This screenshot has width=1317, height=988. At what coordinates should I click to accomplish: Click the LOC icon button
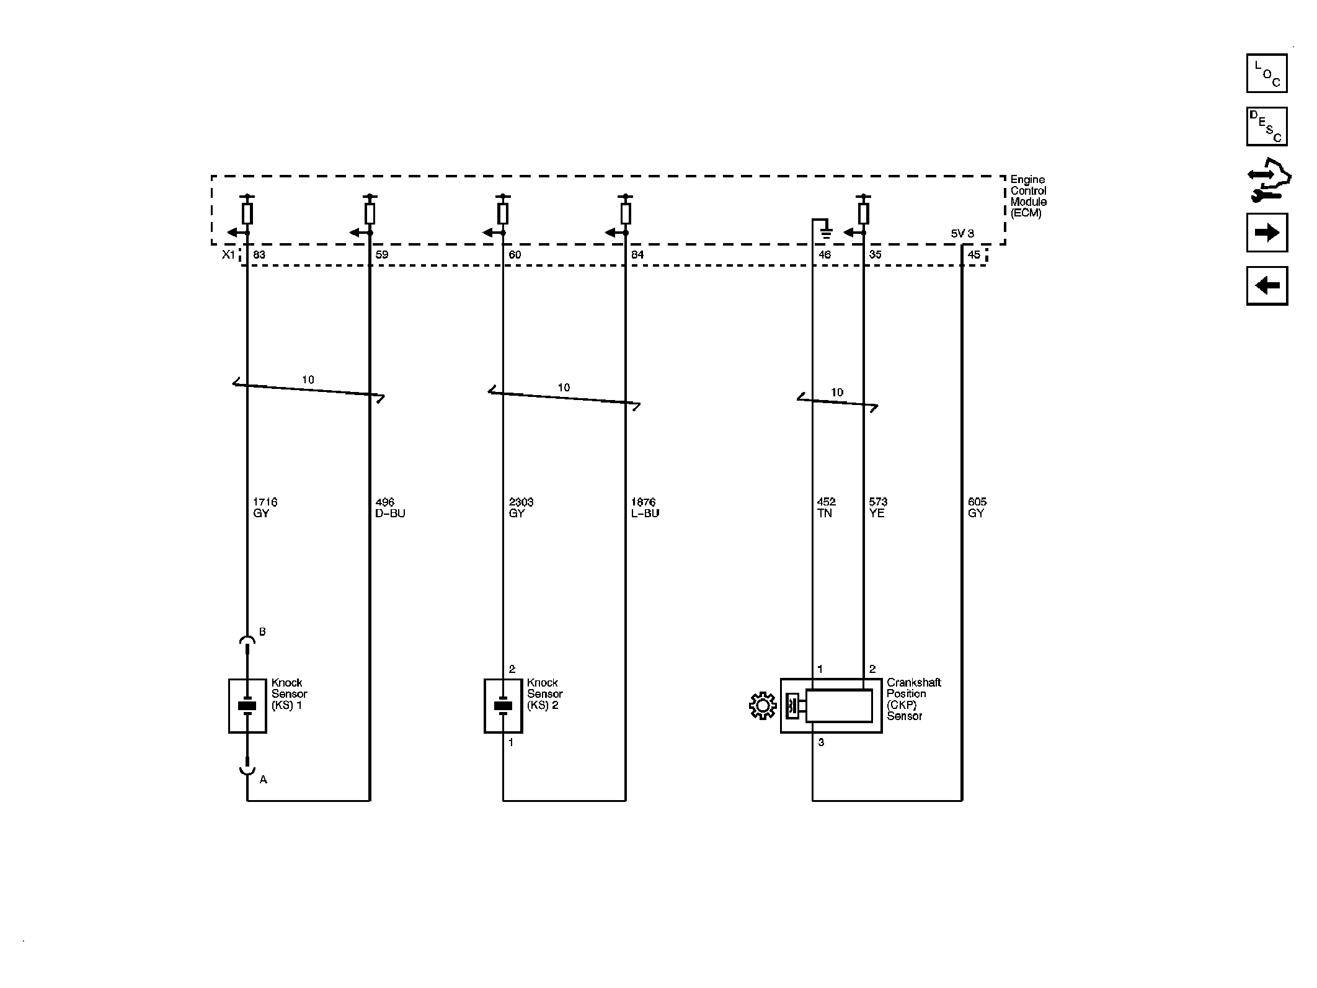(1266, 73)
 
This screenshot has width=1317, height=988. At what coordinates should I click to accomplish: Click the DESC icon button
(1266, 127)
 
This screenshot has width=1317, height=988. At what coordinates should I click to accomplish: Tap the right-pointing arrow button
(1266, 233)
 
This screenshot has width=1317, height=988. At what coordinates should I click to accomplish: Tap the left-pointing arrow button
(1266, 286)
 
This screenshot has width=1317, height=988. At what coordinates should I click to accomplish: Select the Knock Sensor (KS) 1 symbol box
(247, 706)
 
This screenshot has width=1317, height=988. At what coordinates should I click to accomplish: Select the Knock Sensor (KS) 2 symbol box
(503, 706)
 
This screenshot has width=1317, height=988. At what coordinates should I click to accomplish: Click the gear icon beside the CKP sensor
(763, 706)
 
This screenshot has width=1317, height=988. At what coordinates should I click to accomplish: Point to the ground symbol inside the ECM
(825, 233)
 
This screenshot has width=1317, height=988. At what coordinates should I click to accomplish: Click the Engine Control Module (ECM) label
(1028, 196)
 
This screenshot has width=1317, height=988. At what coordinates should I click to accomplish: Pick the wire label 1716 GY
(264, 507)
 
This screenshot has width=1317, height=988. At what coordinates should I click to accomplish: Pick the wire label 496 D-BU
(390, 507)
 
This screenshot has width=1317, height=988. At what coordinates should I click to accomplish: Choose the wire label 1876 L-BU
(645, 507)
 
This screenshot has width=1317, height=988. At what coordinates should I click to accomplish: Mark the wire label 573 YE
(877, 507)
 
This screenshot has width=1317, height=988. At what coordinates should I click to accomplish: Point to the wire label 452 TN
(826, 507)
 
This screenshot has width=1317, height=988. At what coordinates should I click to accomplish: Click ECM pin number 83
(259, 255)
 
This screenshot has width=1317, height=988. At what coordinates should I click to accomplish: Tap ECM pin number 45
(974, 255)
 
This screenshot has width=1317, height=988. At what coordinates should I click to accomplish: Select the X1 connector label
(229, 255)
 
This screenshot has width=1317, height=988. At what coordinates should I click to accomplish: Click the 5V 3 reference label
(962, 234)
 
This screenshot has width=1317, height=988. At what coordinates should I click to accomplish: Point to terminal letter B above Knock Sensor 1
(262, 632)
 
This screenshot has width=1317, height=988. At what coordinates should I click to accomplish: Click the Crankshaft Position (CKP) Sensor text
(913, 699)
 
